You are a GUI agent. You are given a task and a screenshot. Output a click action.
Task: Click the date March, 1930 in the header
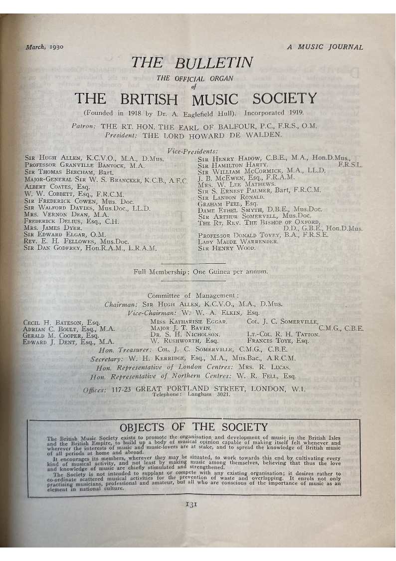click(44, 47)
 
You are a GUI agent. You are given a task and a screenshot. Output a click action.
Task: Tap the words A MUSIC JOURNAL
click(325, 47)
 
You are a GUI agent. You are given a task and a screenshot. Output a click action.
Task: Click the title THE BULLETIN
click(192, 63)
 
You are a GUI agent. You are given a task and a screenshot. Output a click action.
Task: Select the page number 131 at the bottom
click(192, 504)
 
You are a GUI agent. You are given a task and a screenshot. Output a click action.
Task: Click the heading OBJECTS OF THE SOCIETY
click(194, 427)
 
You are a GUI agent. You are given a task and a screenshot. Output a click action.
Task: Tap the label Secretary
click(107, 359)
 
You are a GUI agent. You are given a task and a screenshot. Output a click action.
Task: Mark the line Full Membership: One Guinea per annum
click(200, 272)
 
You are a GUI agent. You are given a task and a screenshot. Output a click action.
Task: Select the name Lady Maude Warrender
click(238, 241)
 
